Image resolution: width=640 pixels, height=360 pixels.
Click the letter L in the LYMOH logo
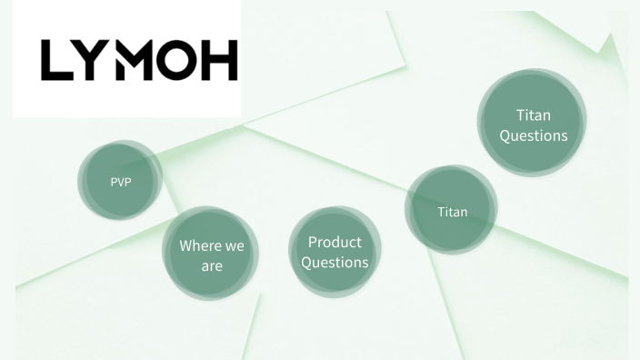point(55,61)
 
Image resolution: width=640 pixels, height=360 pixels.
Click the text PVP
point(120,182)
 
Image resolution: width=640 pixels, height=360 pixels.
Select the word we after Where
point(235,245)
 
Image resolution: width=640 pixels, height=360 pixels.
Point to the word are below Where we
point(212,266)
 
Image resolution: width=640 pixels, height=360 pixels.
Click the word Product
point(335,242)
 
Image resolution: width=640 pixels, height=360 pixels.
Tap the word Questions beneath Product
point(335,263)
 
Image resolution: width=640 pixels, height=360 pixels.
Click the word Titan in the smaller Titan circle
point(452,212)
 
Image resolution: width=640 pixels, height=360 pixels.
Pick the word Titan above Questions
point(533,115)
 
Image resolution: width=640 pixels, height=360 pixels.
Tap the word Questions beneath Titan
point(533,135)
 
